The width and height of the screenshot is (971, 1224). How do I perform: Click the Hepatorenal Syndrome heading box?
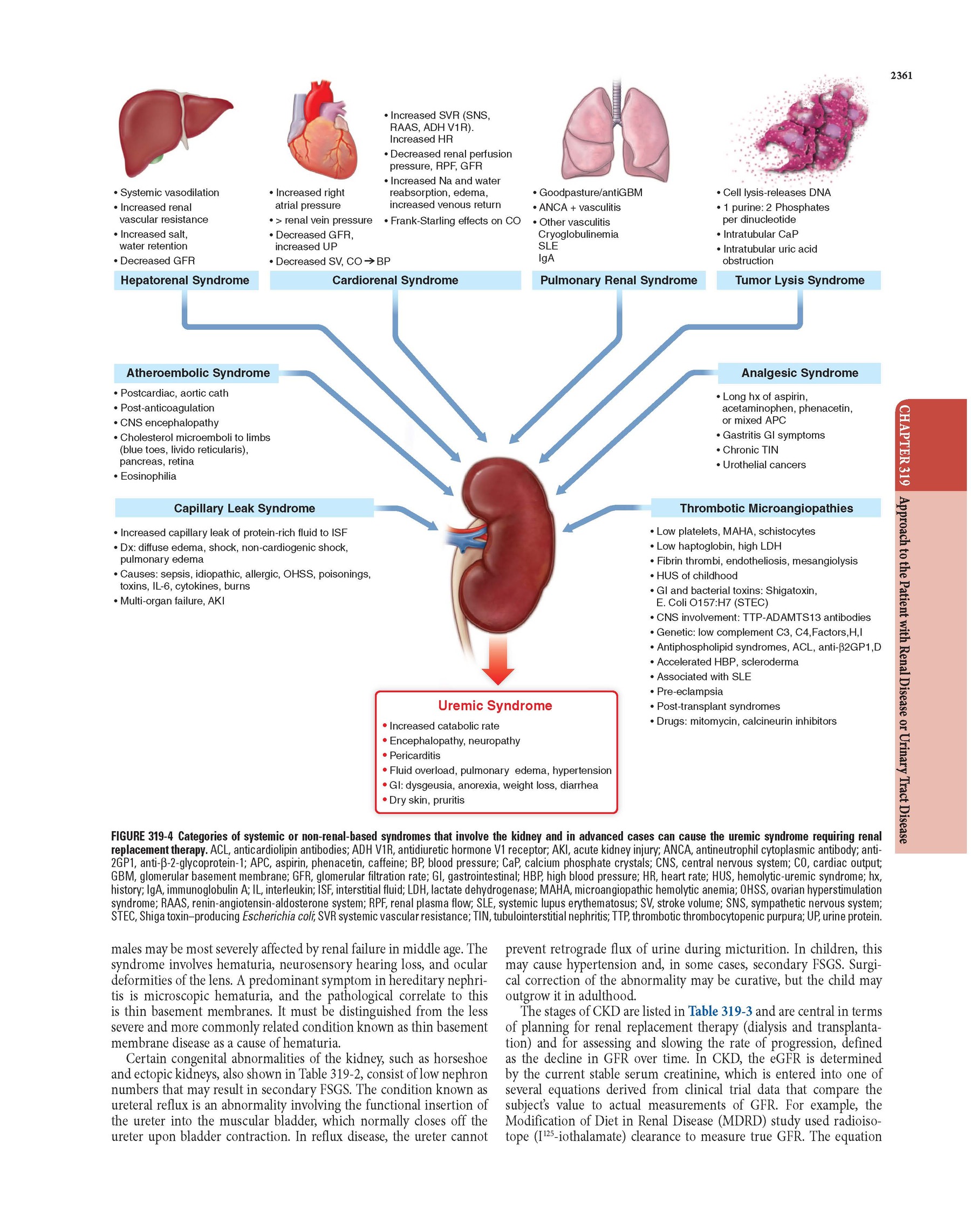click(184, 280)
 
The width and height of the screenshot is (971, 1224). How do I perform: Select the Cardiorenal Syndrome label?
click(395, 280)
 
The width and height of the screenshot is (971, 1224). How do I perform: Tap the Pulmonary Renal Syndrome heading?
click(618, 280)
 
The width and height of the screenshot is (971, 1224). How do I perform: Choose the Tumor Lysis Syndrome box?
click(799, 280)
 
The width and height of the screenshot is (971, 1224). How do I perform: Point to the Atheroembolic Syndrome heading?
click(198, 373)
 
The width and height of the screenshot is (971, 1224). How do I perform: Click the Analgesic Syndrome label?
click(799, 373)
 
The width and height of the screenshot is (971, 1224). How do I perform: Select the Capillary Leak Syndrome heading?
click(244, 508)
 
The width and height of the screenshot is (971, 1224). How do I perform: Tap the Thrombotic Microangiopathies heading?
click(766, 508)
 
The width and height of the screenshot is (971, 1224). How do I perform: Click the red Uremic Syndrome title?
click(495, 706)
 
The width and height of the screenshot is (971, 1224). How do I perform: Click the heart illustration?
click(323, 134)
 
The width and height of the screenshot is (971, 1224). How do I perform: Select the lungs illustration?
click(615, 134)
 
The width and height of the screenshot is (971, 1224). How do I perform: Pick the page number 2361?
click(901, 75)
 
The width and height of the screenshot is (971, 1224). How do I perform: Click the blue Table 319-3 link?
click(720, 1011)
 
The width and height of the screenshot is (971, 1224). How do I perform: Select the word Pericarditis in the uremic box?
click(415, 756)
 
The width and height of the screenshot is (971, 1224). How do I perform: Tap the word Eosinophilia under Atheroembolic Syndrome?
click(148, 476)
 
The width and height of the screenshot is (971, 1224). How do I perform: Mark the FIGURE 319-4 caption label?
click(141, 836)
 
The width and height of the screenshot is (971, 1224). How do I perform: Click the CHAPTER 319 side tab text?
click(904, 445)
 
